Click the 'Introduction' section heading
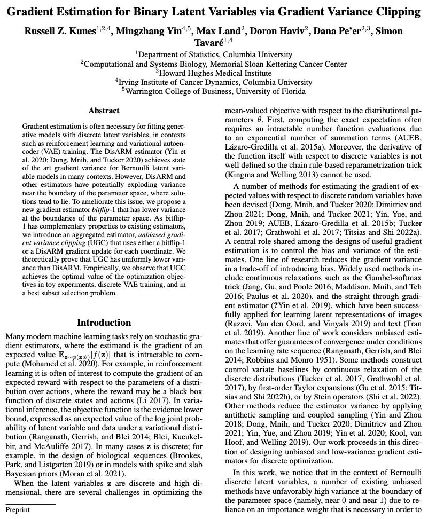pyautogui.click(x=104, y=323)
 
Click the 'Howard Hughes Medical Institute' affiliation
pyautogui.click(x=213, y=73)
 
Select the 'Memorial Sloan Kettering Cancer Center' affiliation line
pyautogui.click(x=213, y=64)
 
